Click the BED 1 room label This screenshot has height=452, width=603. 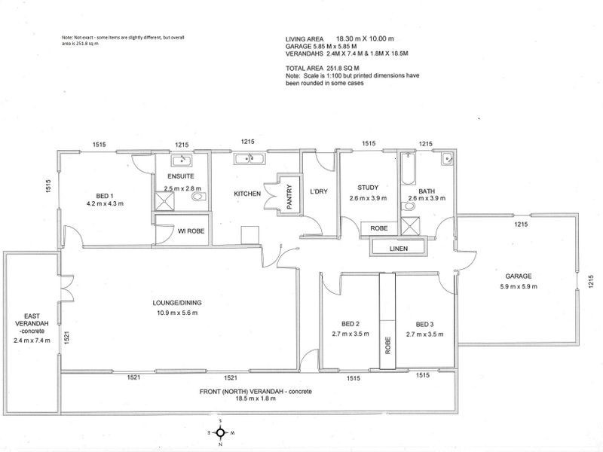(105, 194)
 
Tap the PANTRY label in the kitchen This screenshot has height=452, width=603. (288, 198)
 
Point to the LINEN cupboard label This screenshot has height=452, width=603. (399, 248)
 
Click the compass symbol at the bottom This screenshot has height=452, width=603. (219, 432)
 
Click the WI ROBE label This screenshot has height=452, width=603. (182, 230)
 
